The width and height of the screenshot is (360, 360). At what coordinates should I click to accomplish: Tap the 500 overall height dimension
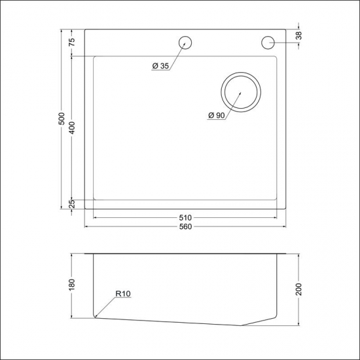coord(62,119)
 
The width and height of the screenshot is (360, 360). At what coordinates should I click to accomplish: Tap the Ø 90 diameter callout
coord(217,115)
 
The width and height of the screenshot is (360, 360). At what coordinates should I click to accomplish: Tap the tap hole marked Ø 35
coord(185,42)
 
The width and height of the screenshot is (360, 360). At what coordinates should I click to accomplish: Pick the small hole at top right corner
coord(268,42)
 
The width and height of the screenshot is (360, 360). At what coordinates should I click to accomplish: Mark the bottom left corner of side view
coord(96,317)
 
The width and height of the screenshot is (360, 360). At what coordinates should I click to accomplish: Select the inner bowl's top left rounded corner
coord(96,59)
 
